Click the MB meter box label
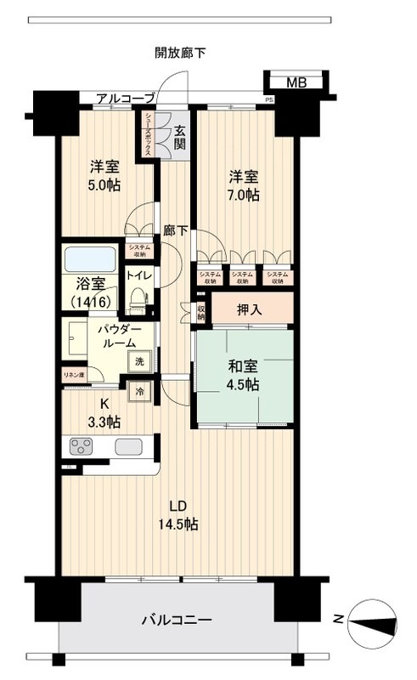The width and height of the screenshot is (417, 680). coord(296,82)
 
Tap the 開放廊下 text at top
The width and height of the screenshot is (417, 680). coord(180,53)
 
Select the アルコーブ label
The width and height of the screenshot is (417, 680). coord(125,99)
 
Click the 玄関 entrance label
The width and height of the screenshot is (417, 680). coord(180,137)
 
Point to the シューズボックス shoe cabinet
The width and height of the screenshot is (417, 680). coord(149,133)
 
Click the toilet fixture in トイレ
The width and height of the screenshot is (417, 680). coord(139,298)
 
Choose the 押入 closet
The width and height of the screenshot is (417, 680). coord(249,309)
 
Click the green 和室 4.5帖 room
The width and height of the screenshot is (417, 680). coord(243,375)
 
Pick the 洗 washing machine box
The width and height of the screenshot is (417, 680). coord(138,360)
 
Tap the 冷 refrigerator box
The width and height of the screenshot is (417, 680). coord(138,392)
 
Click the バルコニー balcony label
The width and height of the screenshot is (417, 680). coord(176,620)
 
